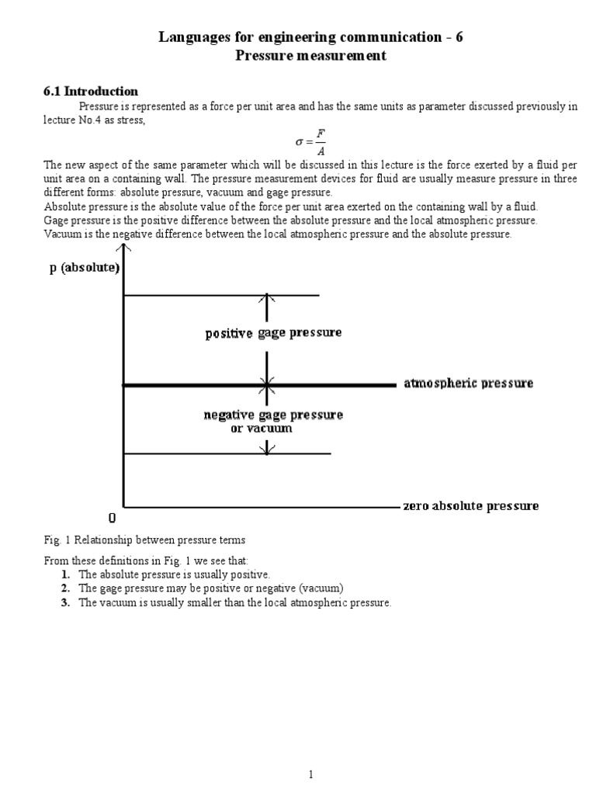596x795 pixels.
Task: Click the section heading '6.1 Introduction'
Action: click(x=91, y=92)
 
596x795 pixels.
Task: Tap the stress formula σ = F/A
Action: click(x=310, y=141)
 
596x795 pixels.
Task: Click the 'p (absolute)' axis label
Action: click(x=84, y=268)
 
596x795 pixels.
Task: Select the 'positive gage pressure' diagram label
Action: click(x=273, y=333)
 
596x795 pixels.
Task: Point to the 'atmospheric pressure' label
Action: click(x=468, y=384)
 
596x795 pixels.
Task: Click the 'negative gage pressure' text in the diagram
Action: click(x=273, y=415)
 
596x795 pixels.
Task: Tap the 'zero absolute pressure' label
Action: click(x=470, y=506)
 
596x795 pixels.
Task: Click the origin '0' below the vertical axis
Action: click(x=113, y=518)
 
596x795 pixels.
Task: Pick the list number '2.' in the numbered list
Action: click(x=66, y=588)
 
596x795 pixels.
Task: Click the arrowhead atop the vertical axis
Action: click(x=123, y=248)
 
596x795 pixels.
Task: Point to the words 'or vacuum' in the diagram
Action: click(x=262, y=429)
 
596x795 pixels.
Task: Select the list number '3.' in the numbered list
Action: click(x=66, y=602)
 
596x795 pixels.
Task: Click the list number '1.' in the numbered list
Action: click(x=66, y=575)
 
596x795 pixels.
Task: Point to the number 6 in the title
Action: click(x=459, y=37)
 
